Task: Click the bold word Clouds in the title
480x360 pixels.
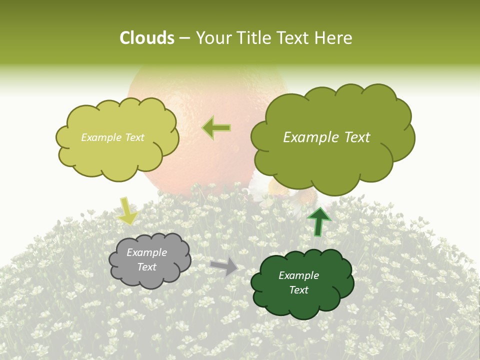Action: [147, 38]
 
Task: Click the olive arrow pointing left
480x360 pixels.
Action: [216, 128]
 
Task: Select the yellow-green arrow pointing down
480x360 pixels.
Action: [127, 210]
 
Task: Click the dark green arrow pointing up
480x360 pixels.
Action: [319, 221]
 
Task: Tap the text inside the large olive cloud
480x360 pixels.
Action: [326, 137]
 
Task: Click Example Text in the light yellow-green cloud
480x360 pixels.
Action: [113, 137]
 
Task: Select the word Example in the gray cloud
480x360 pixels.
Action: [147, 252]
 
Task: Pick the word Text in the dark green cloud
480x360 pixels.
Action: [299, 290]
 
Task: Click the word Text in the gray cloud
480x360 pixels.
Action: [147, 267]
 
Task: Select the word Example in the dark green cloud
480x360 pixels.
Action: [299, 275]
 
